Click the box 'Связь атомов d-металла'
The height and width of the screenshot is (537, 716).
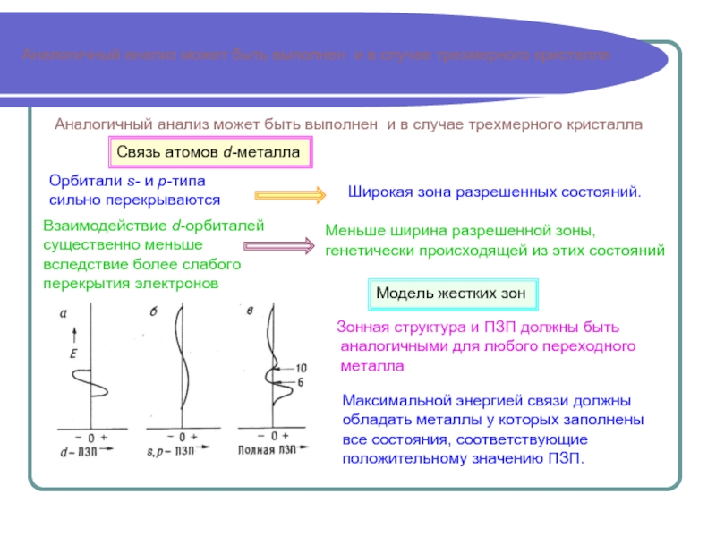(x=210, y=153)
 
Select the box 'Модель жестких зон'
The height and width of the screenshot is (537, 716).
(x=455, y=293)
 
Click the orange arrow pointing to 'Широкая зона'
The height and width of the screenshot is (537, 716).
(x=290, y=194)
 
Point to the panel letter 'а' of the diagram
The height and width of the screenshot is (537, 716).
(x=64, y=312)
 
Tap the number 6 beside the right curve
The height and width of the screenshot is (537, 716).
(x=302, y=383)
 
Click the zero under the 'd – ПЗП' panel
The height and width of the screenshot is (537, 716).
(x=89, y=436)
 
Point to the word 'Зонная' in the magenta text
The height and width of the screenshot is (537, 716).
(x=356, y=328)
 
